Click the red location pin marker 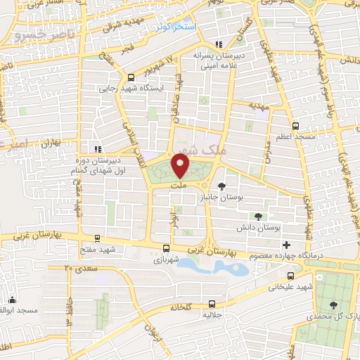181,166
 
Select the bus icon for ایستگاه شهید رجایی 131,77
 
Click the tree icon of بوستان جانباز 223,186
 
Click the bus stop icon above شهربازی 166,248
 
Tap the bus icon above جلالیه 212,304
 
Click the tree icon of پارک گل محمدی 333,304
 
